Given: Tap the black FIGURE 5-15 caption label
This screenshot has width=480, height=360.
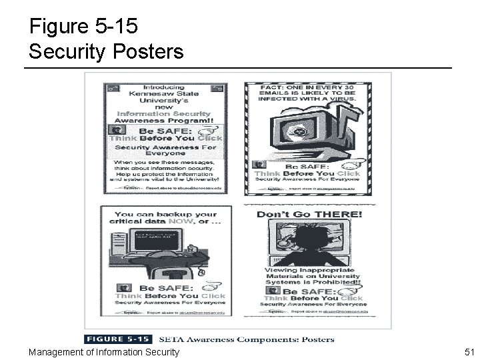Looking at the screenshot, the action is pyautogui.click(x=118, y=339).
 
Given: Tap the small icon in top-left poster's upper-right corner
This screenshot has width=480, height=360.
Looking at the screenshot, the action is pyautogui.click(x=223, y=87).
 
